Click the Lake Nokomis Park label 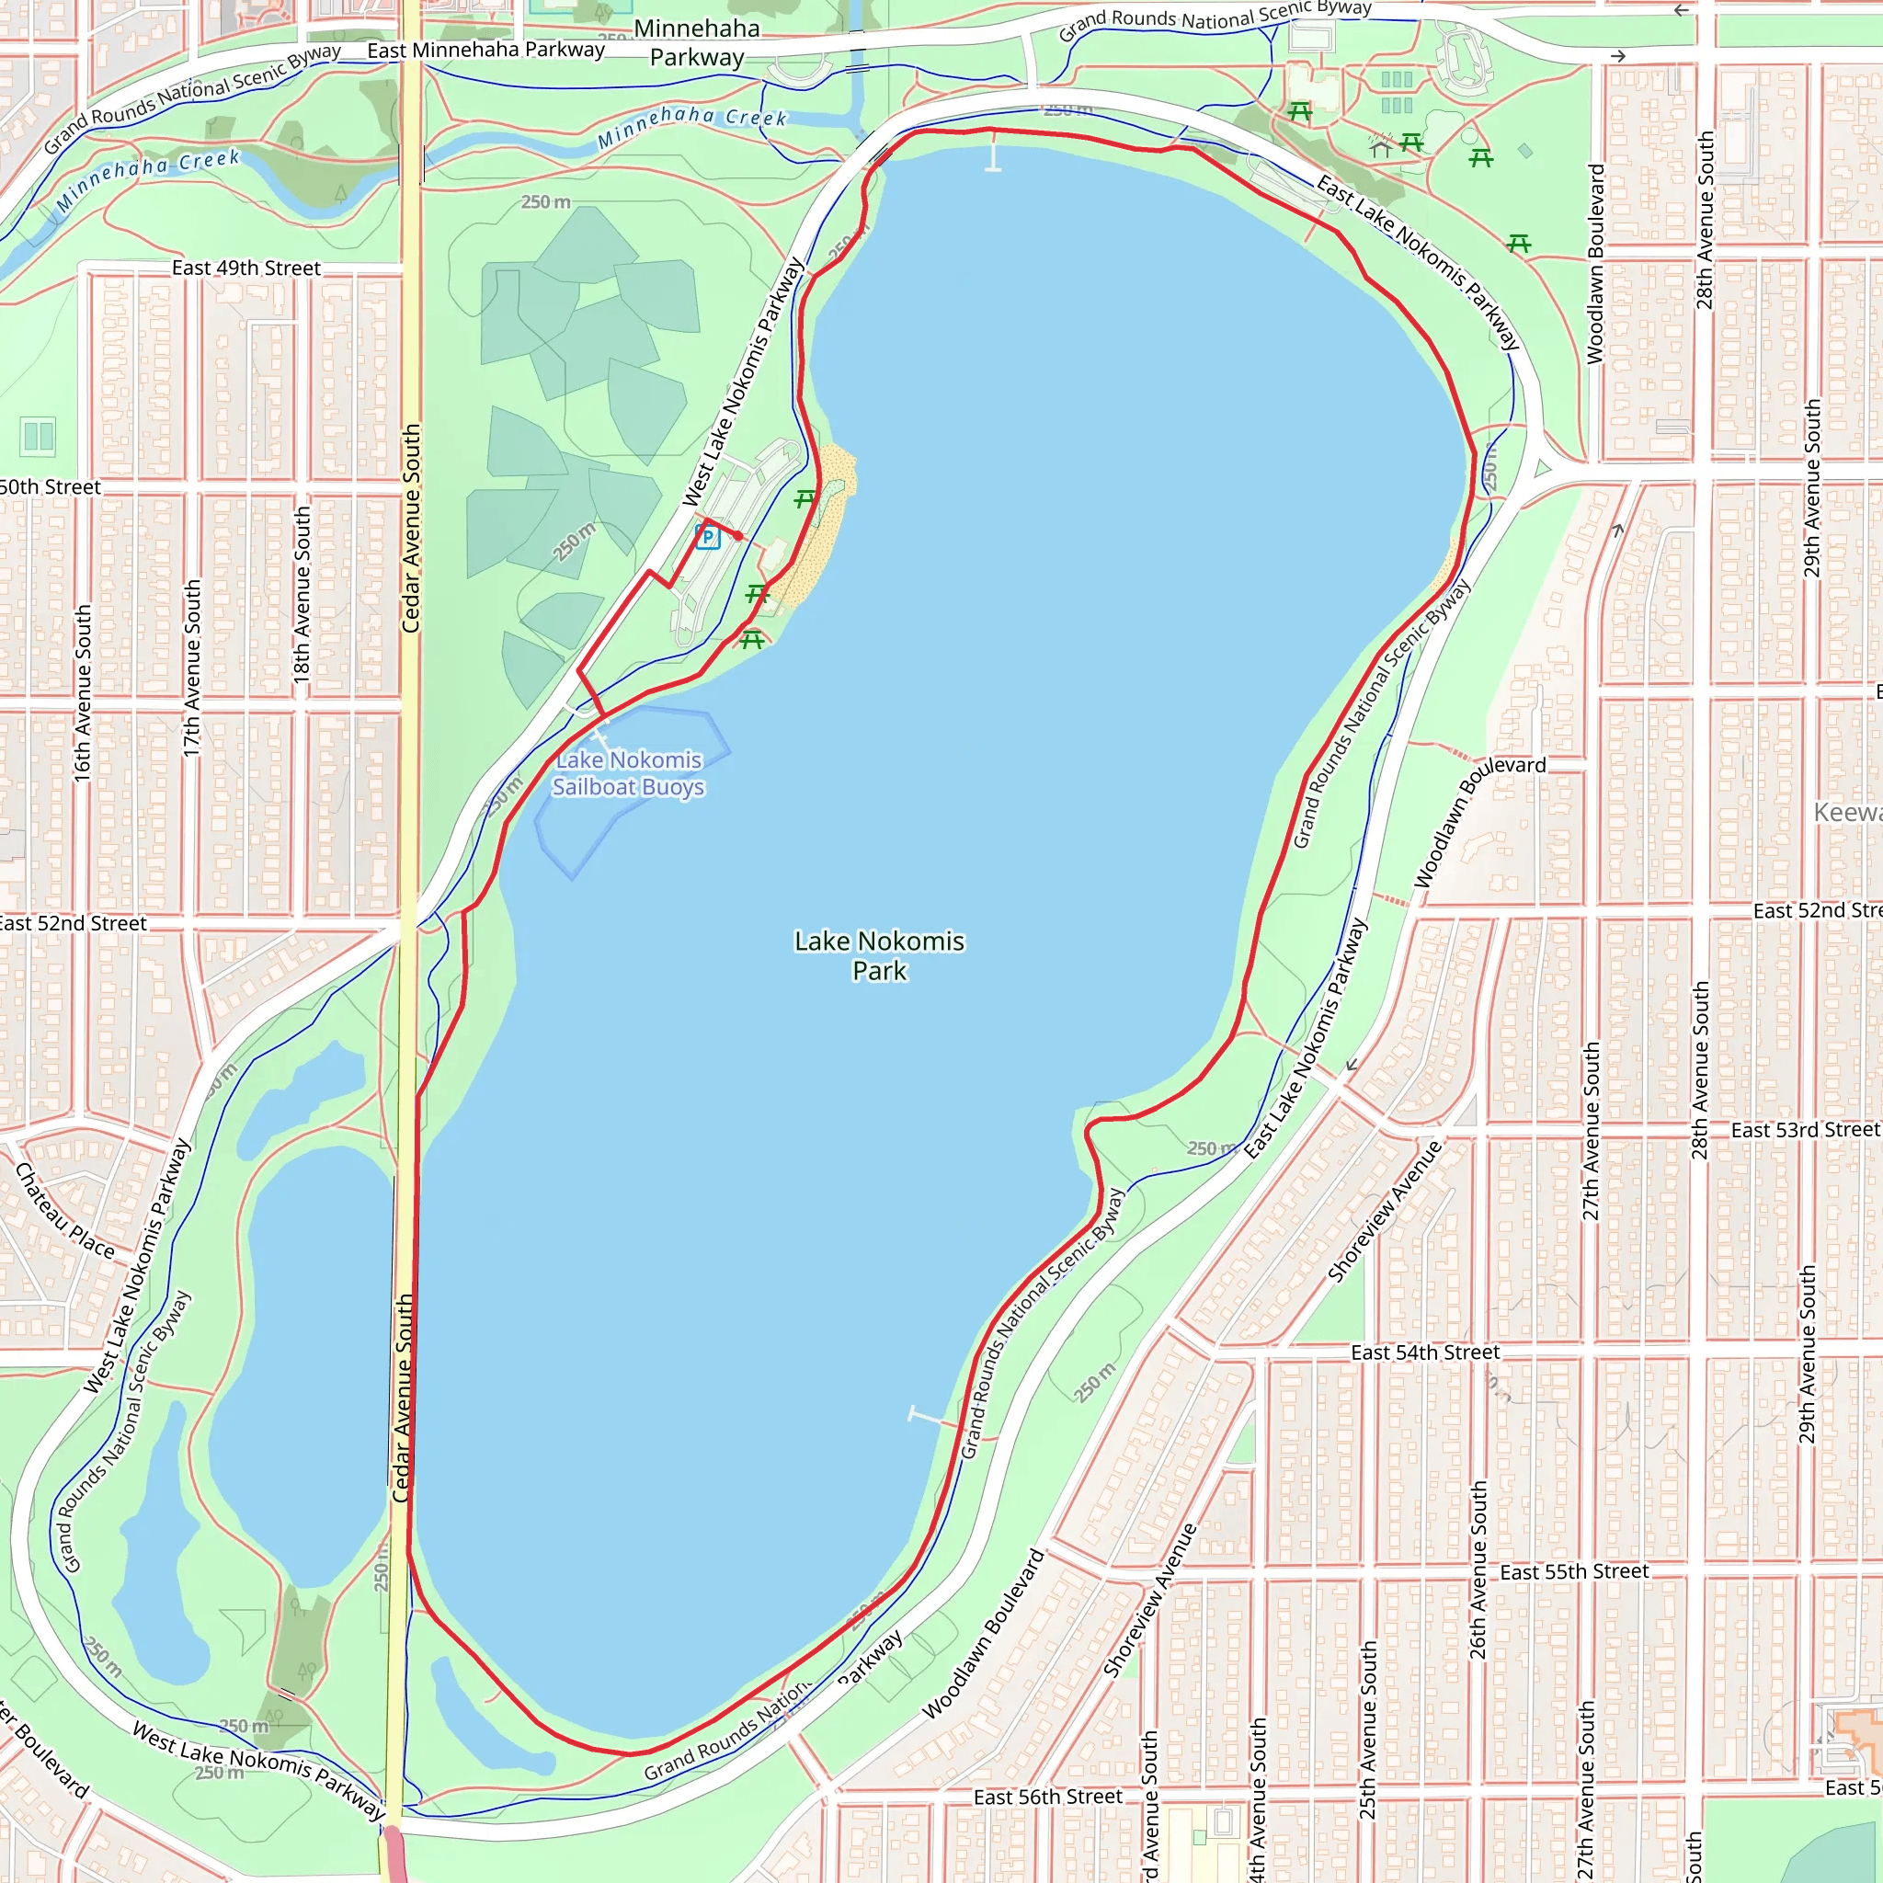pos(879,955)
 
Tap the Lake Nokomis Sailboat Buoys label pos(629,773)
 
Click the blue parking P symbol pos(708,537)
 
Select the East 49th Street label pos(245,268)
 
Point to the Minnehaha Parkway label pos(697,43)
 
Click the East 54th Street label pos(1425,1352)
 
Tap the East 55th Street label pos(1574,1571)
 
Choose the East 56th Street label pos(1048,1797)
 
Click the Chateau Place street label pos(64,1212)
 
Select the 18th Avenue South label pos(302,593)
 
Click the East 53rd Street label pos(1804,1130)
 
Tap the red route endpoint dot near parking pos(739,536)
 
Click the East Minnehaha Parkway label pos(485,50)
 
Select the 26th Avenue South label pos(1478,1569)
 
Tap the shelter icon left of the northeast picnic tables pos(1380,146)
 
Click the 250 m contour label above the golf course pos(545,201)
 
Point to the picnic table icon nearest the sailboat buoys pos(751,640)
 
